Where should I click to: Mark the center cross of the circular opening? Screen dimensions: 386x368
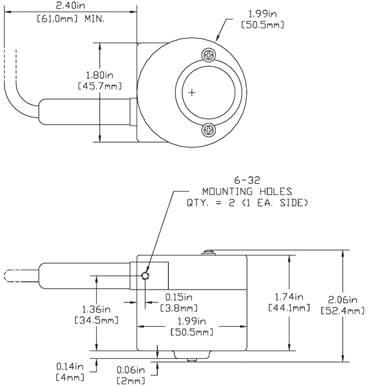coord(191,93)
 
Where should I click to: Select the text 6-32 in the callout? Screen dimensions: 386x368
coord(247,181)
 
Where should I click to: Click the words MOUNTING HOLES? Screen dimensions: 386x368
coord(247,192)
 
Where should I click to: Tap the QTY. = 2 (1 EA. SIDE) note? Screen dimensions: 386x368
coord(247,203)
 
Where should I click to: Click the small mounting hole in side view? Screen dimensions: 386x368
coord(145,276)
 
